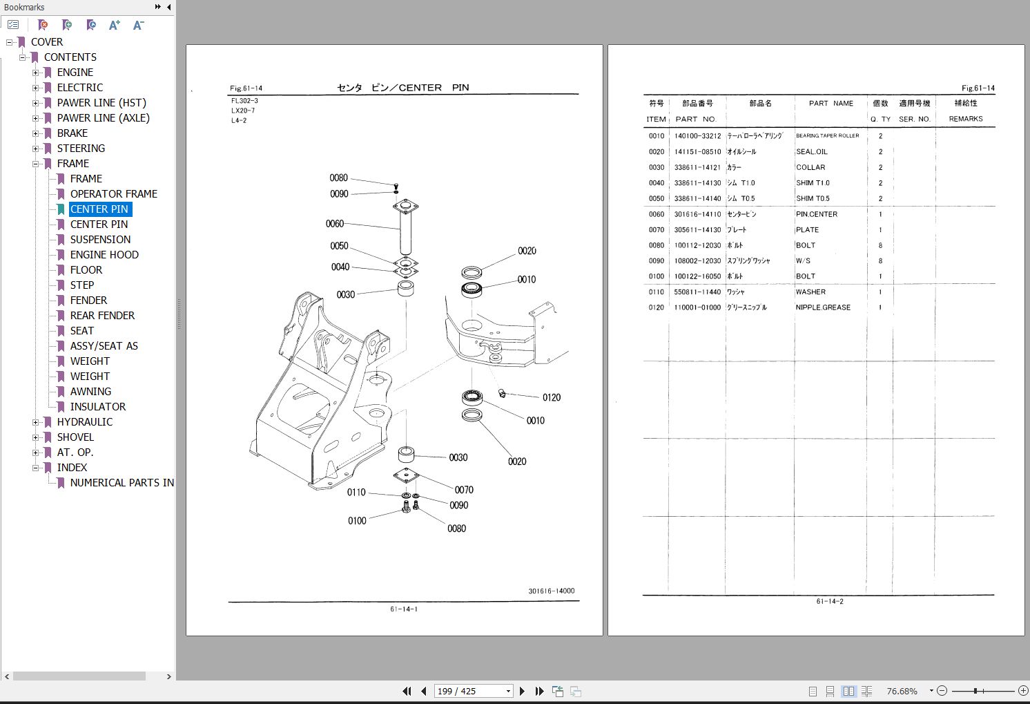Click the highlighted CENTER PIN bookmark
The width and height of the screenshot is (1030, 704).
[99, 209]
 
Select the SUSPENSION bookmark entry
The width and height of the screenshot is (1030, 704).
[100, 240]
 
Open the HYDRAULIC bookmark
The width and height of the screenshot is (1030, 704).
[84, 422]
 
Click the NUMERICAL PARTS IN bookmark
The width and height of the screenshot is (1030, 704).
[122, 483]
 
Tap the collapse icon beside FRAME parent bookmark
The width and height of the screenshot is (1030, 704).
[35, 164]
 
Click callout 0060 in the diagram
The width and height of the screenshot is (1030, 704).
[335, 224]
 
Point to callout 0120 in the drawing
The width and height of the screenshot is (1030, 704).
[551, 397]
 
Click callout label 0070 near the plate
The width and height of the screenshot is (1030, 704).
[464, 490]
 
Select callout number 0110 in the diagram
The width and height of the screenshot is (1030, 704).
[356, 493]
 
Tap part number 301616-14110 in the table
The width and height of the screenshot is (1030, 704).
[697, 214]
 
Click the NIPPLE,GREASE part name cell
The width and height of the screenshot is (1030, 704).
[823, 307]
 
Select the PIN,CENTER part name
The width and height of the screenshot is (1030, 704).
[817, 214]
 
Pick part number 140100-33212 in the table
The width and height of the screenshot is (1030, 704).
[697, 136]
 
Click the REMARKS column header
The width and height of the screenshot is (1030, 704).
[965, 119]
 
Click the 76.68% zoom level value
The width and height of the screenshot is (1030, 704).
[902, 691]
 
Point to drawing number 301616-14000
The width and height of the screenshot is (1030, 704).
[551, 591]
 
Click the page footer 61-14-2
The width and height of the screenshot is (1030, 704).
[829, 601]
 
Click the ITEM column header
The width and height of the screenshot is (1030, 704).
[656, 119]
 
